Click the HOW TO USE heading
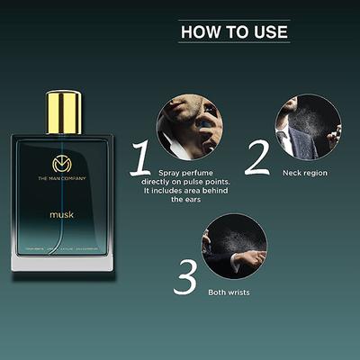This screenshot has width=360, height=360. point(234,31)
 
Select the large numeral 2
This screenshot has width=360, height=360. point(258,157)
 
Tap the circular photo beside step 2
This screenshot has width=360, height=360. point(308,126)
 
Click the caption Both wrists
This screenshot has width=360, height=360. point(229,292)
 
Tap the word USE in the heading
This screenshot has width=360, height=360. point(269,31)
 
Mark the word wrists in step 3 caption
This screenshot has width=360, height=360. point(239,292)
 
